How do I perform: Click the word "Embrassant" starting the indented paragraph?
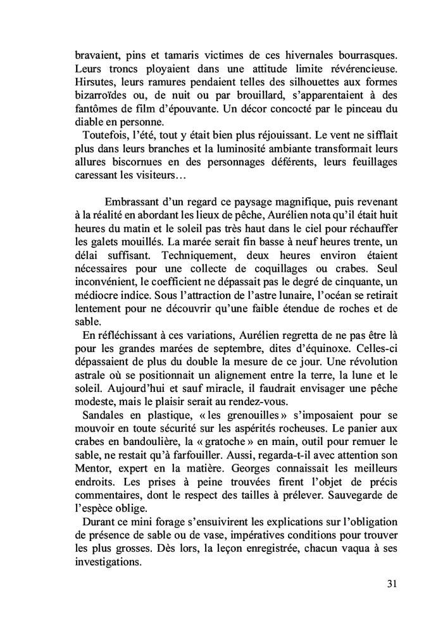pos(134,217)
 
